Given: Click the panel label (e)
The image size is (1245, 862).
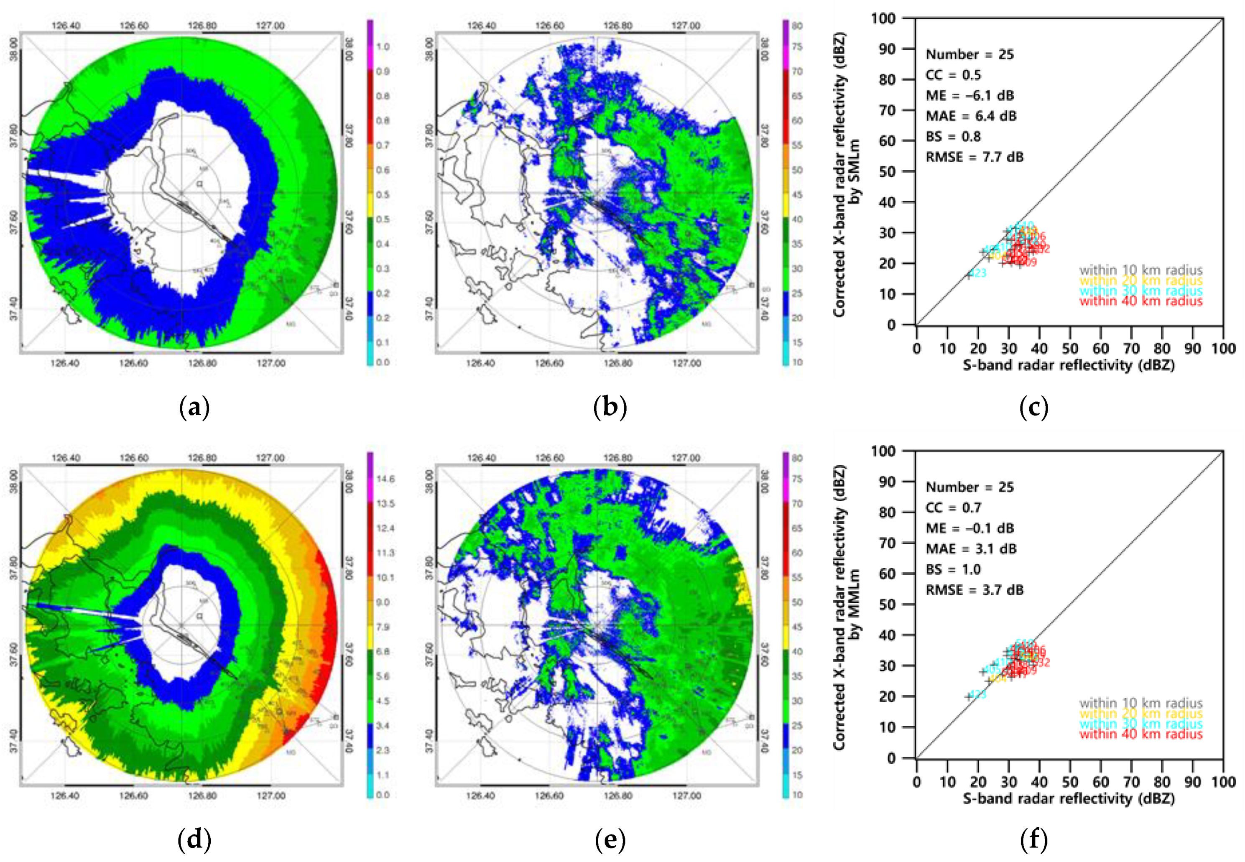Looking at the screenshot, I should [x=610, y=840].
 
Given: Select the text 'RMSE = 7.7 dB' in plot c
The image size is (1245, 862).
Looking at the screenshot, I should [x=975, y=157].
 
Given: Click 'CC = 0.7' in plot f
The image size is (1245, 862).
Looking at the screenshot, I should [x=953, y=508].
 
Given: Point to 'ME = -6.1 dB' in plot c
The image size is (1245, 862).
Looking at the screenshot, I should [x=969, y=96].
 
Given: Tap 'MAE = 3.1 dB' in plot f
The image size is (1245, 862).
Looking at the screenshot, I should [x=971, y=549].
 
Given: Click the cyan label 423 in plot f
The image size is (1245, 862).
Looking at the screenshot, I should [x=977, y=694].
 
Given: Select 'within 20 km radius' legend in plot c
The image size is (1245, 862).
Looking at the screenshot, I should [x=1141, y=281].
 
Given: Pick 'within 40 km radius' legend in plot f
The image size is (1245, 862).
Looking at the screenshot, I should [x=1141, y=734].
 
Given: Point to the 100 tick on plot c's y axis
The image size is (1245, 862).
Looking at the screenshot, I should [x=883, y=18].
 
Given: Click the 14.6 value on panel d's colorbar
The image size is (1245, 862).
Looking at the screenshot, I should [x=385, y=479].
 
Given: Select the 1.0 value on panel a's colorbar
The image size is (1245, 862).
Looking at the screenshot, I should [x=383, y=47].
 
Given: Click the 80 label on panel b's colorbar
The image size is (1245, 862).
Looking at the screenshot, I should [x=797, y=26].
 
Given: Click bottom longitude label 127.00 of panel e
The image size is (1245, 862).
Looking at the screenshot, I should [x=686, y=796].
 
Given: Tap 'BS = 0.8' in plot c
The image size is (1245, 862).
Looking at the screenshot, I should [x=953, y=137].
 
